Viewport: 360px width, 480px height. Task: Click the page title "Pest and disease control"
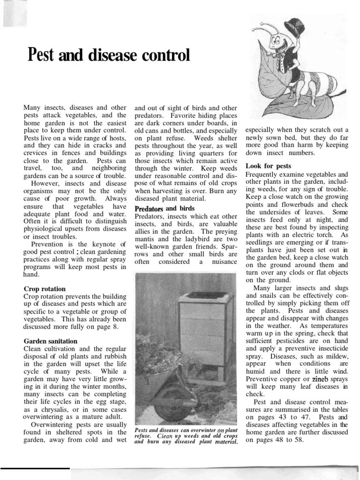point(109,55)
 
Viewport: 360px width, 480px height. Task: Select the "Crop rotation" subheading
point(45,289)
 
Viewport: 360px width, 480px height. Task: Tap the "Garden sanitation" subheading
point(51,341)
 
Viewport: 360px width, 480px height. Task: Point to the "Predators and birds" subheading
point(165,209)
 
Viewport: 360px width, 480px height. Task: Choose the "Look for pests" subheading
point(268,166)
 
